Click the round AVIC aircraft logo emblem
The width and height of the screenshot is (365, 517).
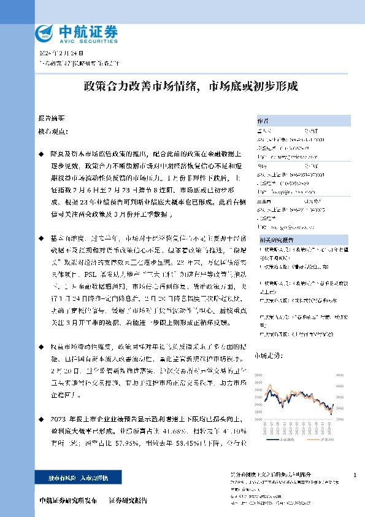(x=45, y=32)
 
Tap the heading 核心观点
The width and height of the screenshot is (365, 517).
(x=51, y=131)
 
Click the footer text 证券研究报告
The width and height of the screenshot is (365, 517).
(x=128, y=500)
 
